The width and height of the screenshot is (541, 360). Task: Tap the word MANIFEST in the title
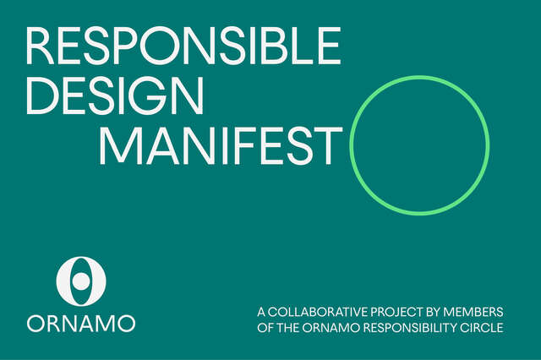point(221,145)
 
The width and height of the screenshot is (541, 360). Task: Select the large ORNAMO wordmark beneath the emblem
point(80,324)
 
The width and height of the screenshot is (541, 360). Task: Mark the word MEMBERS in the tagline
point(473,312)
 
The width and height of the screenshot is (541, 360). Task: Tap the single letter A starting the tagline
point(261,312)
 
